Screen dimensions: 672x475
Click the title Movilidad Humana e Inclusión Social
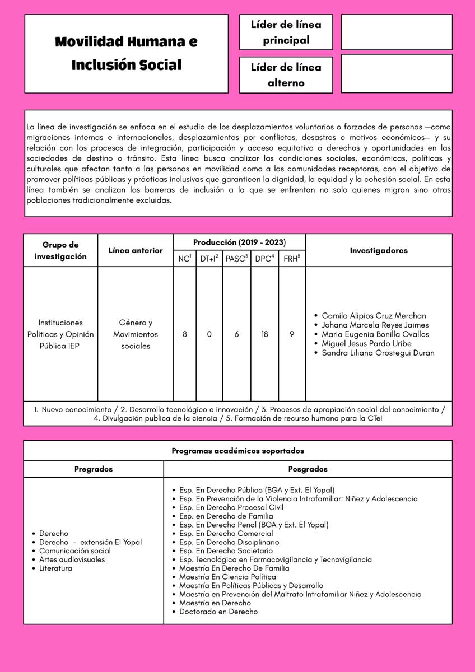[126, 53]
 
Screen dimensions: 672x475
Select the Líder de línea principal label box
[286, 32]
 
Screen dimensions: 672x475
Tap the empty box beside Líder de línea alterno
[397, 73]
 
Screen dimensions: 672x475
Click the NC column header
[184, 259]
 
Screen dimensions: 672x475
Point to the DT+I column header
[209, 259]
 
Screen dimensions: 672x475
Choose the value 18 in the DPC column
[264, 334]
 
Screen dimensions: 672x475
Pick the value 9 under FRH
[292, 334]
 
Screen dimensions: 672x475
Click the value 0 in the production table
[209, 334]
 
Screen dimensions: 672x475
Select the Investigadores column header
[379, 250]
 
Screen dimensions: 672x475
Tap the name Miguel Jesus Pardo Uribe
[366, 344]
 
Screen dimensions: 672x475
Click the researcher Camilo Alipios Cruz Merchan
[374, 316]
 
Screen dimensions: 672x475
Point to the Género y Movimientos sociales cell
[136, 334]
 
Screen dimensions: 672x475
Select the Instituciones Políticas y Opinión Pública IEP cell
[60, 334]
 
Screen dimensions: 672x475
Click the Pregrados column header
[94, 469]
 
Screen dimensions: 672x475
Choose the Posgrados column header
[308, 469]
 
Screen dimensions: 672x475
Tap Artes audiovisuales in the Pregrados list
[72, 559]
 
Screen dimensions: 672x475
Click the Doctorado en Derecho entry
[218, 612]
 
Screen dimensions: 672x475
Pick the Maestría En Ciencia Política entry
[227, 577]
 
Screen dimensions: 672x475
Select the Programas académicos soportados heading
[237, 451]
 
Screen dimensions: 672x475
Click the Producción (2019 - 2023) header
[239, 242]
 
